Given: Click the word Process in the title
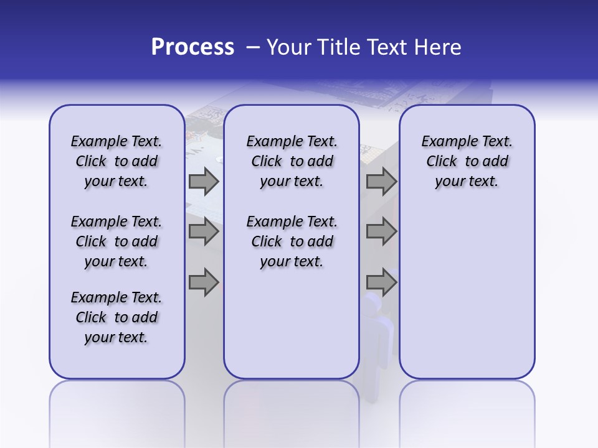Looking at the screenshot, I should tap(192, 47).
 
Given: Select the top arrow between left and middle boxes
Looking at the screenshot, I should tap(204, 182).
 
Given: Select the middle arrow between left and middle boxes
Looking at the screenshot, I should tap(204, 232).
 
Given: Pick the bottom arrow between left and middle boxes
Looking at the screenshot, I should tap(204, 282).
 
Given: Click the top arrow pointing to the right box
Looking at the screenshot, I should tap(381, 182).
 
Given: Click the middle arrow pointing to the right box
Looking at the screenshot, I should tap(381, 232).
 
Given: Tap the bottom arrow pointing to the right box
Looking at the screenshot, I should tap(381, 282).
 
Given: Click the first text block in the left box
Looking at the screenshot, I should tap(116, 161).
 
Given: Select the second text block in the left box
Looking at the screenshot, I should tap(116, 241).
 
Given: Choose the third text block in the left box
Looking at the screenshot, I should tap(116, 317).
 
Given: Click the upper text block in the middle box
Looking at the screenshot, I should tap(292, 161).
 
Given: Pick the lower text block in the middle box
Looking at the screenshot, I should tap(292, 241).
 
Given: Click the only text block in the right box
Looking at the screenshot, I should tap(467, 161).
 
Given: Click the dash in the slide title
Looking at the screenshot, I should tap(252, 47).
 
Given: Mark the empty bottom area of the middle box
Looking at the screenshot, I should tap(292, 330).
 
